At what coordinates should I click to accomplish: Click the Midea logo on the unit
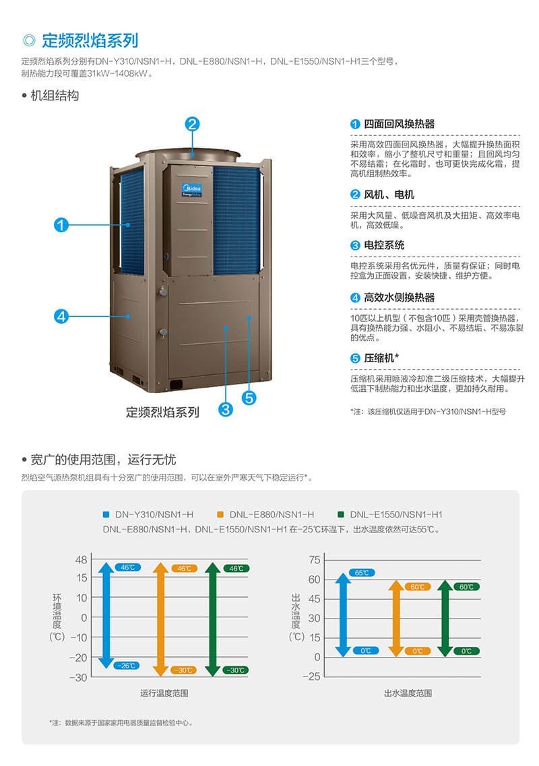tap(191, 190)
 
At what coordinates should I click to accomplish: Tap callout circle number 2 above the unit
tap(192, 124)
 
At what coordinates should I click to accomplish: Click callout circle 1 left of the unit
tap(61, 225)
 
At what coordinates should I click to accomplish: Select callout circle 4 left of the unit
tap(61, 316)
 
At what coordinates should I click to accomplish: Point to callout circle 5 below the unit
tap(249, 398)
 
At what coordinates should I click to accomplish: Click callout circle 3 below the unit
tap(226, 409)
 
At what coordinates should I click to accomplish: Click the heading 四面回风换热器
tap(399, 124)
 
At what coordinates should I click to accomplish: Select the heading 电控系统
tap(384, 245)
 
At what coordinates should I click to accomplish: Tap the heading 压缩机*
tap(381, 358)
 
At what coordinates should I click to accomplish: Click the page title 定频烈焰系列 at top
tap(90, 40)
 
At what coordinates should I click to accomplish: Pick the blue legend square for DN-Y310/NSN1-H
tap(106, 514)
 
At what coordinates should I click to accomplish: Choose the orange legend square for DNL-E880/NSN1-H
tap(220, 514)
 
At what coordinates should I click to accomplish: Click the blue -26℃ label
tap(127, 666)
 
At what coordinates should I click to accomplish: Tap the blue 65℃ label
tap(362, 573)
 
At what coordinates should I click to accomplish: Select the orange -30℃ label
tap(184, 670)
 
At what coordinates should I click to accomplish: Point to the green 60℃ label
tap(467, 587)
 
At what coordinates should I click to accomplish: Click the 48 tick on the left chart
tap(82, 560)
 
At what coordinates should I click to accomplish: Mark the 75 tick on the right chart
tap(315, 560)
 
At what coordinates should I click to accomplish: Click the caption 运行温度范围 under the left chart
tap(164, 693)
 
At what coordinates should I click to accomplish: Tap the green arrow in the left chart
tap(212, 619)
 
